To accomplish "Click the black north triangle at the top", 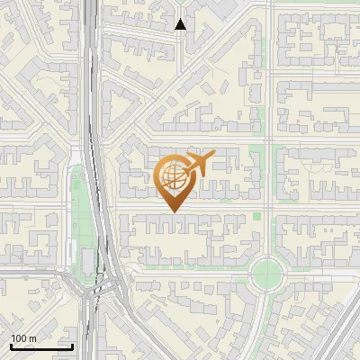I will (181, 24).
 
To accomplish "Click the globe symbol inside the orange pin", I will (174, 175).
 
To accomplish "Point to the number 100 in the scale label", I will (19, 338).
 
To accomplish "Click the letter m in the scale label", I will (32, 338).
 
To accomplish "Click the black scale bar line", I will (41, 346).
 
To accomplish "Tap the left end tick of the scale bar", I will (11, 345).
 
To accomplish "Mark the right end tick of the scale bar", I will (72, 345).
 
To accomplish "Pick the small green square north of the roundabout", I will (257, 215).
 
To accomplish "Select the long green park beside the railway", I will (76, 216).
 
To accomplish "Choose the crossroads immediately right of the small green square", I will (268, 215).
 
